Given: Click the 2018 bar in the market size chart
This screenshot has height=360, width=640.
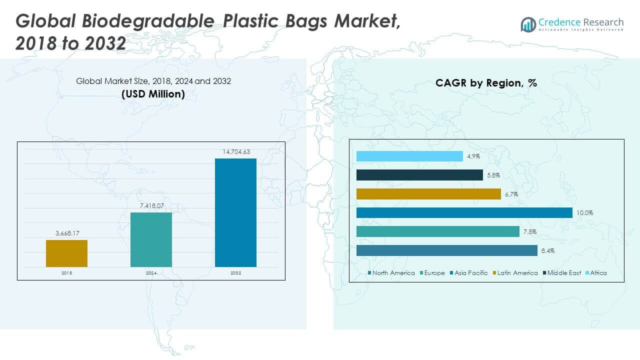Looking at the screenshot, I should coord(66,253).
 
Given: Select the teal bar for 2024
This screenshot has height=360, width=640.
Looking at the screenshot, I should coord(151,239).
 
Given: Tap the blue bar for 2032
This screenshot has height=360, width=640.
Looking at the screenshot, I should coord(235,212).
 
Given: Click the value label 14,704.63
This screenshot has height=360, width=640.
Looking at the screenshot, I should coord(235,151).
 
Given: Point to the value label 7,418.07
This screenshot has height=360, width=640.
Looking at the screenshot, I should coord(151,205).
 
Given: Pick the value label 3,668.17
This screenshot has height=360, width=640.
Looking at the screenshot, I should coord(66,233).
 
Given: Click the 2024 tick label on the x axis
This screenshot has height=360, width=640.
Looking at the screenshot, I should coord(151,273).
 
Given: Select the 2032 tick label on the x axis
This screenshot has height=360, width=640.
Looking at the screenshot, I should coord(235,273).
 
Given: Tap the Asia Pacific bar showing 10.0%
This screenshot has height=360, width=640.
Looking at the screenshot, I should coord(464,213).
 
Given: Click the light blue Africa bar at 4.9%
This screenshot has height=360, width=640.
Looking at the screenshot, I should coord(409,156).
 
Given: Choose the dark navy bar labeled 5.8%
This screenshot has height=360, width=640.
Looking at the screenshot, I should coord(419,175).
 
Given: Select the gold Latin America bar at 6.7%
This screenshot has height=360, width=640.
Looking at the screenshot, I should coord(428,194).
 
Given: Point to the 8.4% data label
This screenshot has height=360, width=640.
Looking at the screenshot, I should coord(547,251).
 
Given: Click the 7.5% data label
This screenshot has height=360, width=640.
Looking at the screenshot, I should coord(529,232).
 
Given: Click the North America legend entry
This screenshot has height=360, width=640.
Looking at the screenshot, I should coord(391,273).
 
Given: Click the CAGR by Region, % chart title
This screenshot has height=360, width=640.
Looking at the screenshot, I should coord(486,83).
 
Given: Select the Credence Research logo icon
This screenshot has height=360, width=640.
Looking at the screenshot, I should coord(528,24).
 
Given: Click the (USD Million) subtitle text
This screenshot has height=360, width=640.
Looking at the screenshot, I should coord(153,93).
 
